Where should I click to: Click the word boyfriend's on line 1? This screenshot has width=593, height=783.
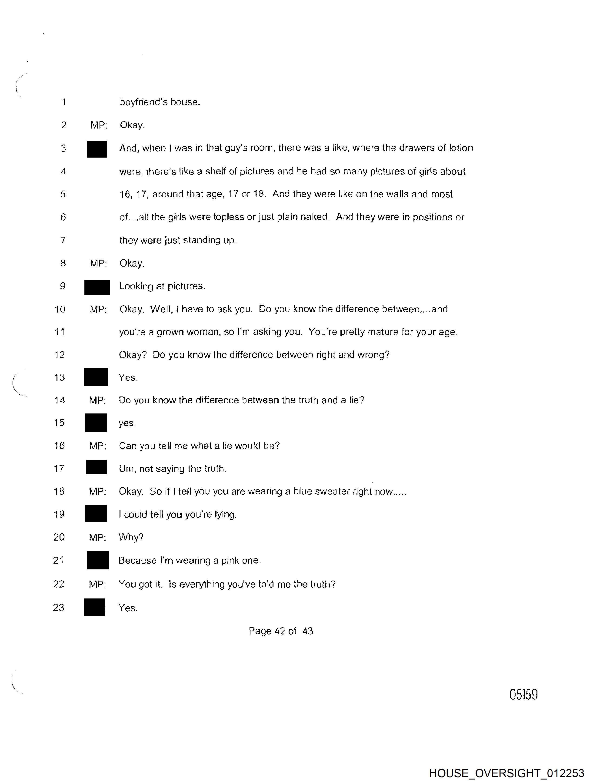pos(143,102)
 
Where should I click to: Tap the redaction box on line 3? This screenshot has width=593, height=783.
pos(97,149)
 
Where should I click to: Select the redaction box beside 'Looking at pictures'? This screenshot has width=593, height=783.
pos(97,287)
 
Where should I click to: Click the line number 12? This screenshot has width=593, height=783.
pos(60,355)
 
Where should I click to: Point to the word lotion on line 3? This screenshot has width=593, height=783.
pos(461,148)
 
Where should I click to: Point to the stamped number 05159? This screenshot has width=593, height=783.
pos(523,694)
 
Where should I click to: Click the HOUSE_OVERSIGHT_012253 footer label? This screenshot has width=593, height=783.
pos(506,773)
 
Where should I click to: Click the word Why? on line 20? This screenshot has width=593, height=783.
pos(131,537)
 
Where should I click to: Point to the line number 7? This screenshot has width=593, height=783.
pos(63,240)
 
